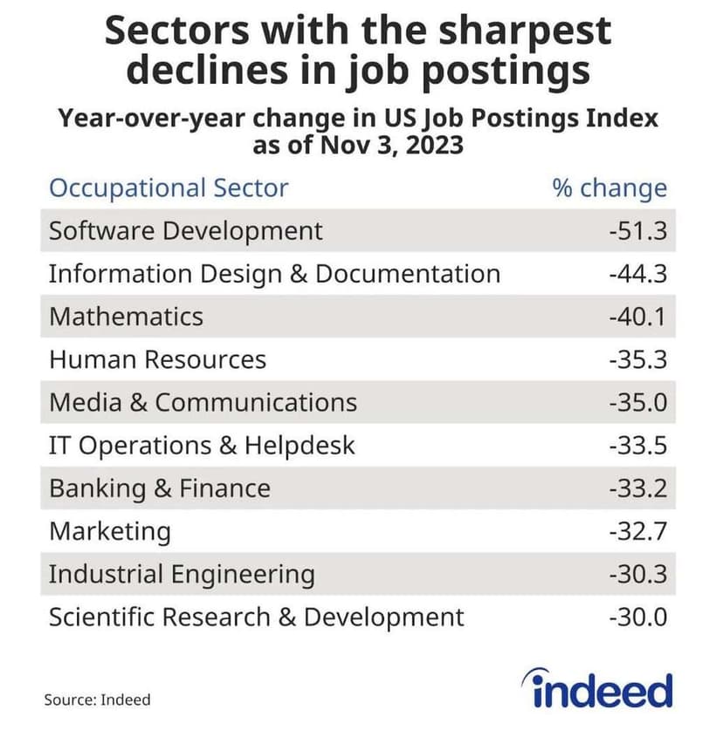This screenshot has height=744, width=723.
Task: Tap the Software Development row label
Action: [186, 231]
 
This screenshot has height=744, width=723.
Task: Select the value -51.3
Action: [637, 231]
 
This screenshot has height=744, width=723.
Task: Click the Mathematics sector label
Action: [126, 317]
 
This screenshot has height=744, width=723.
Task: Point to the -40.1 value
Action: [637, 317]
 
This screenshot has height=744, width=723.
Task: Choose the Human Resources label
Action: [157, 359]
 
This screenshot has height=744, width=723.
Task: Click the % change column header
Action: [609, 188]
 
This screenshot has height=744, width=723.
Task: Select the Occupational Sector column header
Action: [169, 188]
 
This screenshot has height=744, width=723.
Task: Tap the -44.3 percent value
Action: [637, 274]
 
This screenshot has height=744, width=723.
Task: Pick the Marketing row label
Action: [110, 531]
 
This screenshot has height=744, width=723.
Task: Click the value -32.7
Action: [637, 531]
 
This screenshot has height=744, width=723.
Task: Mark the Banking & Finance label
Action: [160, 488]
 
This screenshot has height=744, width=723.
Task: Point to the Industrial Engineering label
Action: [182, 574]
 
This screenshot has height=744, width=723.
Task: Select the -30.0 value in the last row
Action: [637, 618]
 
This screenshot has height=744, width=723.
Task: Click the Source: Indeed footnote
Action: [97, 700]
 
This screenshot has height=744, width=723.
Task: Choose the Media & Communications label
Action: [203, 402]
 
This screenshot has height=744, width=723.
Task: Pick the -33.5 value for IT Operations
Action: [637, 446]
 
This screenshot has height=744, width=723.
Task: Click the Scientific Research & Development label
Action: [257, 618]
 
